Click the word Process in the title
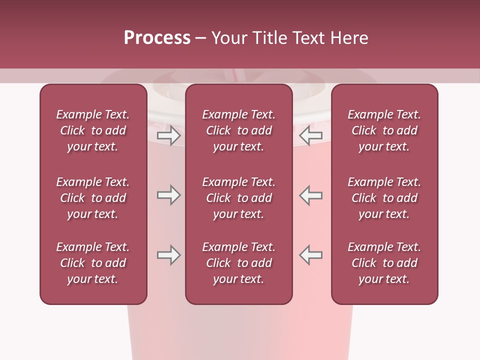157,38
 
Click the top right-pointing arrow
168,135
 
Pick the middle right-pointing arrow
168,195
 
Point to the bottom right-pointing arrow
168,255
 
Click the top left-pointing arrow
310,135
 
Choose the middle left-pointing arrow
310,195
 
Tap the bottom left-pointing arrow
310,255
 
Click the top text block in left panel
93,130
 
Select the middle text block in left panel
93,198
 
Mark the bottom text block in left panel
93,263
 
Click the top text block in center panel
238,130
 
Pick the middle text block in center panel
238,198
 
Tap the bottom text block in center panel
238,263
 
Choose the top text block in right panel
384,130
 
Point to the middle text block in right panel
384,198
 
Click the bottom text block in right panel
384,263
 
